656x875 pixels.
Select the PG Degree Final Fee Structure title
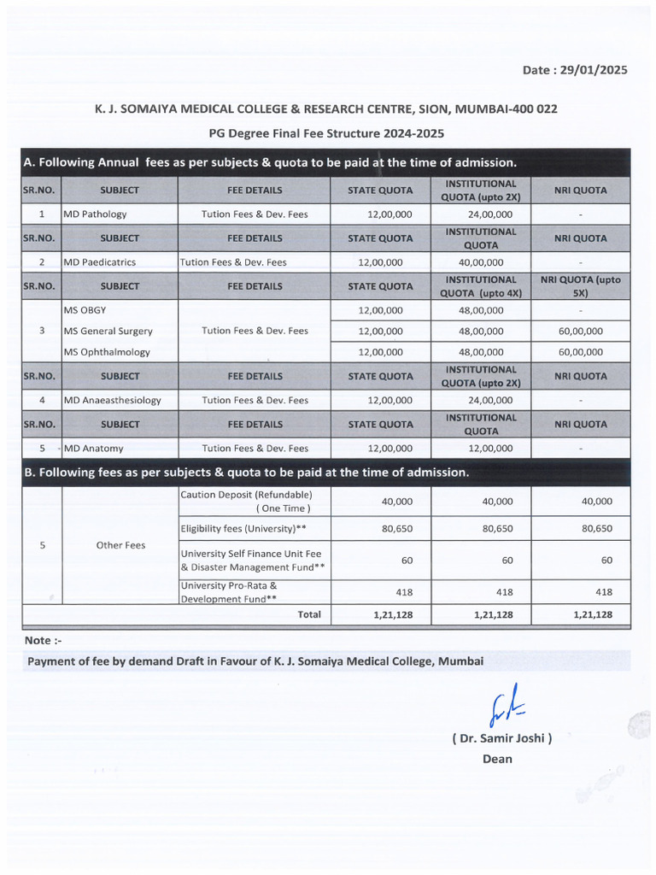click(x=326, y=134)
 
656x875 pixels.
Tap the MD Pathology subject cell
click(x=95, y=214)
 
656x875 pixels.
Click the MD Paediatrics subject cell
click(x=99, y=262)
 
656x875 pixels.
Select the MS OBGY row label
click(x=85, y=310)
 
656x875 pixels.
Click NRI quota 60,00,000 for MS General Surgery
click(x=580, y=331)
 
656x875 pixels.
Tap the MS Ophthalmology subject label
click(x=107, y=351)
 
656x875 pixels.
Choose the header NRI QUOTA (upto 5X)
click(x=580, y=286)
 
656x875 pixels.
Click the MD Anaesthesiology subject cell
click(x=112, y=400)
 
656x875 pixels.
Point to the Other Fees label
click(x=120, y=545)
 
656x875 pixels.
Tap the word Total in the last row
click(x=308, y=614)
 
